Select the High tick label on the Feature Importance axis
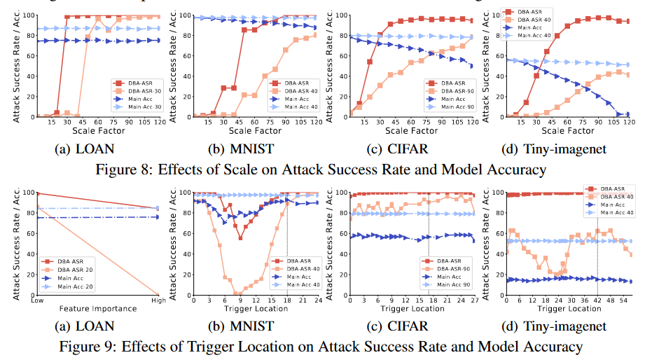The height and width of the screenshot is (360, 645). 157,299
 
